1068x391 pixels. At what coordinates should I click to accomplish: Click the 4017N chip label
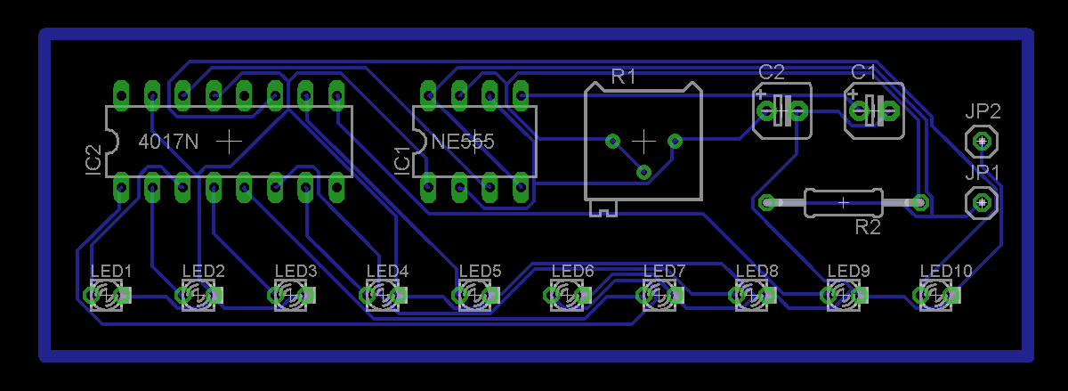[169, 141]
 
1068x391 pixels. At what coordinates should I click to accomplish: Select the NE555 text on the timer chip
[462, 141]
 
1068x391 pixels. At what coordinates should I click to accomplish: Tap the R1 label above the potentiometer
[623, 77]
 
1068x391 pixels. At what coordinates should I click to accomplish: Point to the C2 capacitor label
[772, 71]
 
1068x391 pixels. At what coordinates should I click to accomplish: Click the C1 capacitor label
[864, 71]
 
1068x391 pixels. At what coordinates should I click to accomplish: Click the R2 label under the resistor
[868, 228]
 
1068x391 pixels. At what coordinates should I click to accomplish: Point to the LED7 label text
[664, 271]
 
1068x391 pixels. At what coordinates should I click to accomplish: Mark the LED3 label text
[295, 271]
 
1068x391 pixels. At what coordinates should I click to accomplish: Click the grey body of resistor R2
[843, 203]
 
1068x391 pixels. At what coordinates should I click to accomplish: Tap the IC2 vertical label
[93, 159]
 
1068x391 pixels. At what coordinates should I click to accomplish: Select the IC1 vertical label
[402, 159]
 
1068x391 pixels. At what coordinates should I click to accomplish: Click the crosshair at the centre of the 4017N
[230, 141]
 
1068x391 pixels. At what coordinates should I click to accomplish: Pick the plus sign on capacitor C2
[762, 92]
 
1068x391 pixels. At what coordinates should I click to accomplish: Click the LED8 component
[752, 295]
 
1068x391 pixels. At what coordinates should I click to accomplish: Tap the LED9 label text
[848, 271]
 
